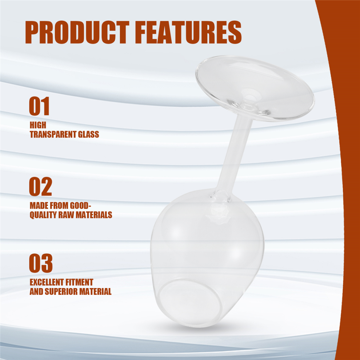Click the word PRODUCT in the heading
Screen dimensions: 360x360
pos(77,32)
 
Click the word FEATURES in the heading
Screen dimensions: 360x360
pos(188,32)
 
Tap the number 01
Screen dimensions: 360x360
pos(39,106)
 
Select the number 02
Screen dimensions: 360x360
pos(40,187)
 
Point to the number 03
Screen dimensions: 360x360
pos(41,263)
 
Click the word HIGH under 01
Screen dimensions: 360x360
pos(38,125)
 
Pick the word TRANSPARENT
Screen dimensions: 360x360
pos(53,134)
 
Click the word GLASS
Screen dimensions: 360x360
pos(88,134)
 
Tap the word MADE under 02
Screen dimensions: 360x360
pos(38,205)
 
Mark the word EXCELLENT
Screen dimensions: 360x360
pos(47,282)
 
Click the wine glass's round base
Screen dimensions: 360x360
pos(255,88)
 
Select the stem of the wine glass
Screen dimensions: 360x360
pos(234,154)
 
